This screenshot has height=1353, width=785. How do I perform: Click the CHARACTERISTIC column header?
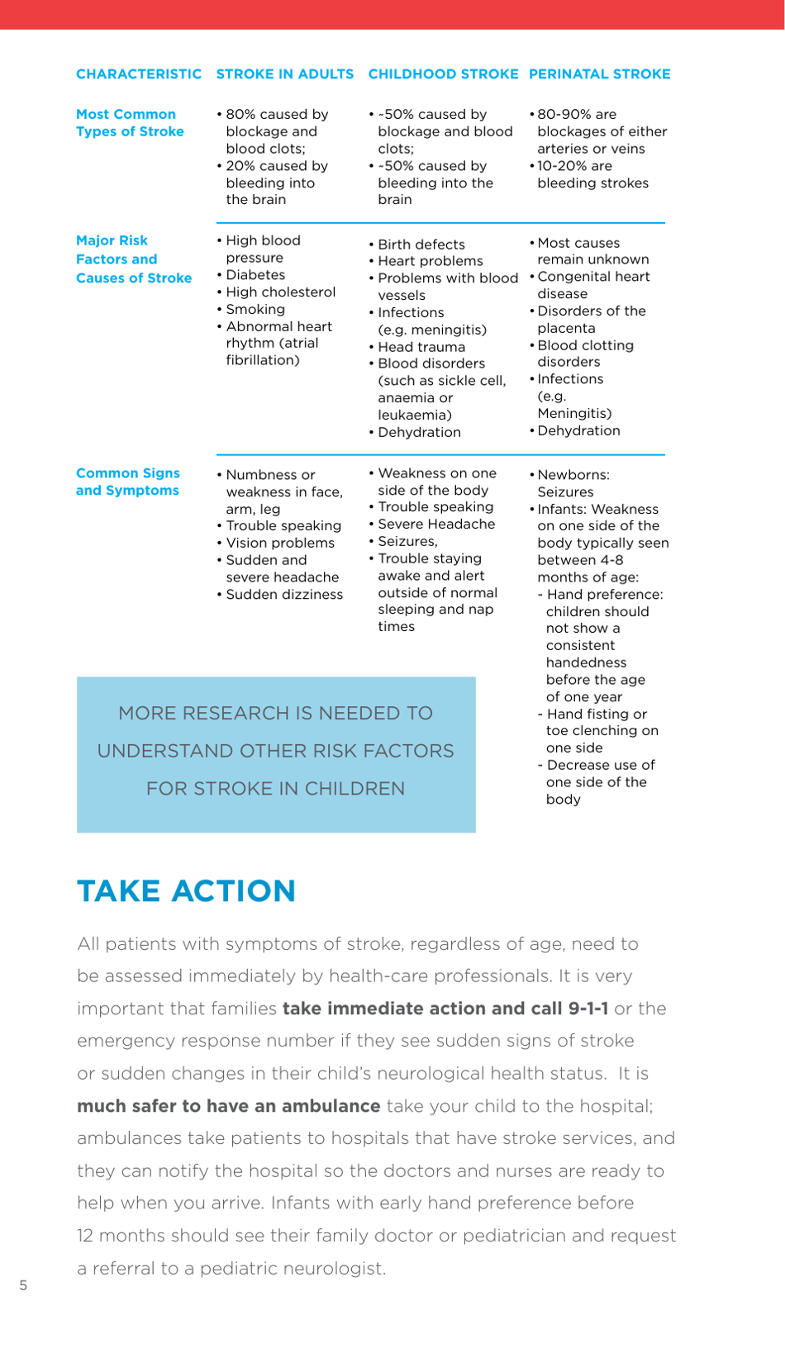(139, 74)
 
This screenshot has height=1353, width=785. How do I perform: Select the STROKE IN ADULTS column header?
(285, 74)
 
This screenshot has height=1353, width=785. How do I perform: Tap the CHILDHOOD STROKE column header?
(443, 74)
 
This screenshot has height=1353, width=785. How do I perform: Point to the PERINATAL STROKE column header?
(599, 74)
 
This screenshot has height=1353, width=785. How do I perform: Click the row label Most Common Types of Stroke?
(130, 123)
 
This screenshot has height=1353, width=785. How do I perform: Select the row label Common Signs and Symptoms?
(127, 482)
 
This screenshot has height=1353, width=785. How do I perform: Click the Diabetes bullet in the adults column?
(255, 275)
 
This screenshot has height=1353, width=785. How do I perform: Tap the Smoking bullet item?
(255, 309)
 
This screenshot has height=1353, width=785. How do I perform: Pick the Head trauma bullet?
(421, 347)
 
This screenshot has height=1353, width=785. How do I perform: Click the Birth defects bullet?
(421, 244)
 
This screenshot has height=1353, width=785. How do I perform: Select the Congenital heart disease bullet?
(593, 285)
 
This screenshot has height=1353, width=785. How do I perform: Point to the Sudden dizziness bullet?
(284, 595)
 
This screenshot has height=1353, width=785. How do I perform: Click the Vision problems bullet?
(280, 544)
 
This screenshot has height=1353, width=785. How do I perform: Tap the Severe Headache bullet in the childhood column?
(436, 525)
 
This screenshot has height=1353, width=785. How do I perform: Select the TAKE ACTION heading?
(186, 891)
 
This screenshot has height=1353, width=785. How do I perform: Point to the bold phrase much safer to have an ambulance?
(228, 1106)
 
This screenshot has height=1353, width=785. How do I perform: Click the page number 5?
(23, 1285)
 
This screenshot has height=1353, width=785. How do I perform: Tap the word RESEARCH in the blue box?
(248, 714)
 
